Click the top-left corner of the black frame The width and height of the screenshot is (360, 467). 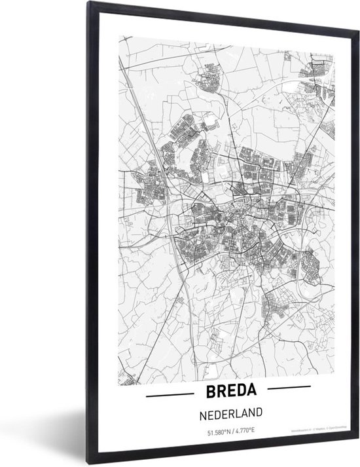click(x=86, y=10)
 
